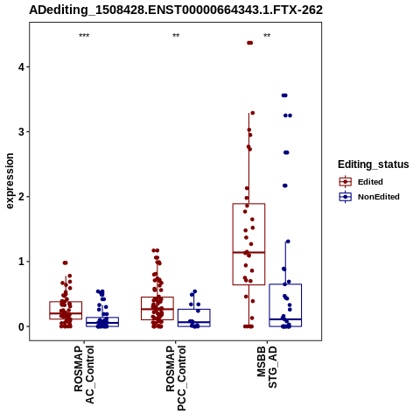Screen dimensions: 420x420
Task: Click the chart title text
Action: tap(176, 10)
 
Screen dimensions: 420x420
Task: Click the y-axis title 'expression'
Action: tap(10, 181)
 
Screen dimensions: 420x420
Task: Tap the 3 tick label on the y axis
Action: tap(21, 132)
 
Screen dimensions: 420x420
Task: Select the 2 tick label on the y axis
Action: tap(21, 197)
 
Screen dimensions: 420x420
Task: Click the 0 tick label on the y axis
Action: tap(21, 326)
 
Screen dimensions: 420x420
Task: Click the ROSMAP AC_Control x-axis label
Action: tap(84, 374)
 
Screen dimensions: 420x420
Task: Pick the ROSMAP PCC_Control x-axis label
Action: tap(176, 378)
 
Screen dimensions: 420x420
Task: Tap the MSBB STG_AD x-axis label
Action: tap(267, 367)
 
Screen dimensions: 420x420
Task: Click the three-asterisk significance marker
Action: tap(84, 36)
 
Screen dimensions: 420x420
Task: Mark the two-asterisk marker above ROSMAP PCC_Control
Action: tap(176, 36)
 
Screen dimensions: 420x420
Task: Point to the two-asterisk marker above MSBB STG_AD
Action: tap(267, 36)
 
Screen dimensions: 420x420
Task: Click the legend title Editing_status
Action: tap(374, 164)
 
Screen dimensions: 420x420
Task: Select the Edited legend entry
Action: tap(361, 182)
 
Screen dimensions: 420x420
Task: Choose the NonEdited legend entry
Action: tap(369, 197)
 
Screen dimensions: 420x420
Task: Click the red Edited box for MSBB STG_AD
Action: tap(248, 204)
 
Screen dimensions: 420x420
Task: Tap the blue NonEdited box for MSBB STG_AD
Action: tap(285, 284)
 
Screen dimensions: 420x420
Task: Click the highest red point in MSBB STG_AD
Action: tap(249, 43)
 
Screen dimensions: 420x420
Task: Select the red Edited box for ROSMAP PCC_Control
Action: tap(157, 297)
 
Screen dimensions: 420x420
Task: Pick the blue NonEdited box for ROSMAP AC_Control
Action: tap(102, 318)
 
